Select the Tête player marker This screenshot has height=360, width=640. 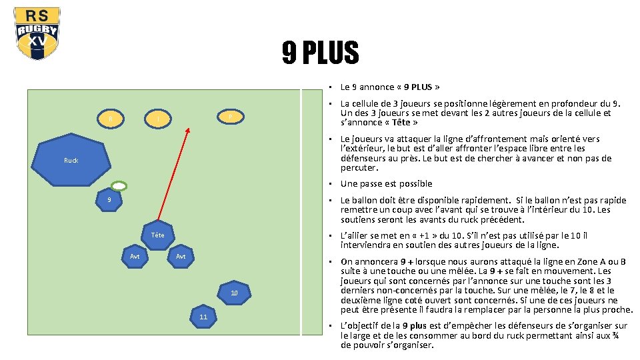[158, 235]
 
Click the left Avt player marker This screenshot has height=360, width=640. [135, 257]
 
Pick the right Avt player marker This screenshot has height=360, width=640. [180, 257]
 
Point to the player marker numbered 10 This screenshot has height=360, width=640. [233, 293]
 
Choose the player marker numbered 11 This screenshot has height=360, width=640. [203, 318]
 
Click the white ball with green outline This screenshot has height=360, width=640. [118, 186]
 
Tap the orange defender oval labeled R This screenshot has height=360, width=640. [110, 119]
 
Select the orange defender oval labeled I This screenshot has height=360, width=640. [158, 119]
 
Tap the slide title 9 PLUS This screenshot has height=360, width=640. [320, 53]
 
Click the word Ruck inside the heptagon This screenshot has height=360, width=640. [71, 160]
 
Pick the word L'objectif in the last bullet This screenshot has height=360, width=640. [359, 325]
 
